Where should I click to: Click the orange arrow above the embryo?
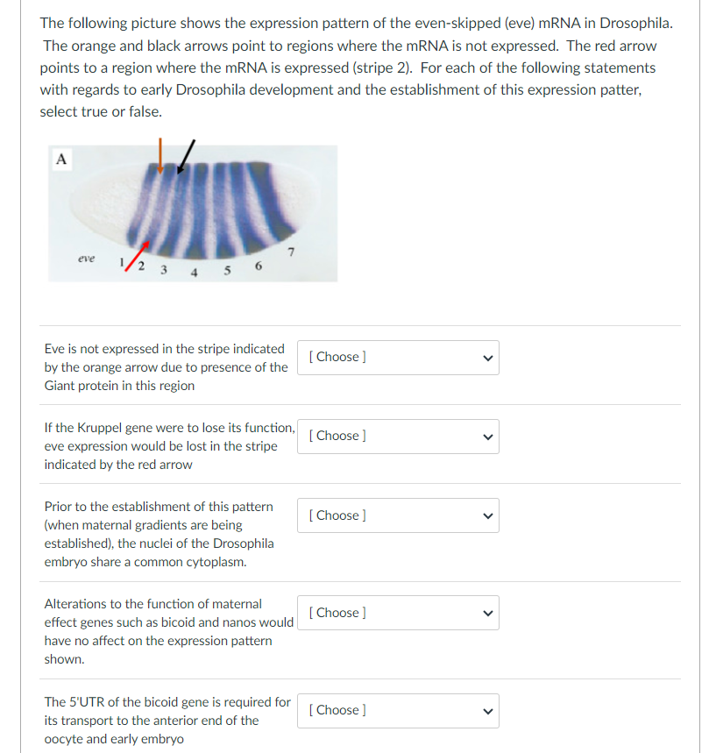pos(160,151)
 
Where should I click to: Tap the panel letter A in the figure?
pos(60,159)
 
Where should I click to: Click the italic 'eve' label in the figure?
pos(85,259)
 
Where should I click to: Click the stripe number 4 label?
pos(194,271)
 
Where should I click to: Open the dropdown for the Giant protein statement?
pos(398,357)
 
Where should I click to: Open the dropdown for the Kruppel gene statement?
pos(398,436)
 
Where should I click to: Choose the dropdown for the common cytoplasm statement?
pos(398,515)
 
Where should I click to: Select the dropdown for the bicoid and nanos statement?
pos(398,613)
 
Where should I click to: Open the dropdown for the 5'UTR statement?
pos(398,710)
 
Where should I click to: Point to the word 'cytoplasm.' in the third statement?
pos(215,562)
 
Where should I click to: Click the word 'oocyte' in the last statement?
pos(64,739)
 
